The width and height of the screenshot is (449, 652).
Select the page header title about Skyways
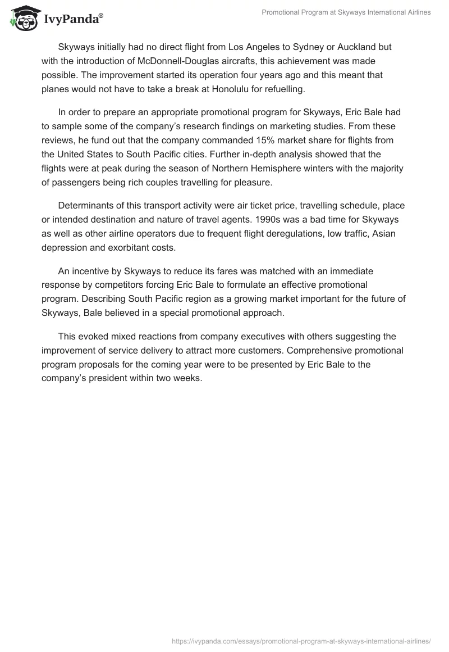(x=346, y=12)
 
